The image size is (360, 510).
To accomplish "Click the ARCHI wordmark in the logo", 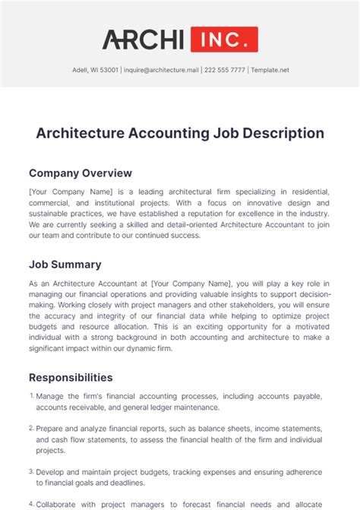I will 144,40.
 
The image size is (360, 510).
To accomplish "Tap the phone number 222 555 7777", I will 225,71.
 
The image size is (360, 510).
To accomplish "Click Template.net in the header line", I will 271,71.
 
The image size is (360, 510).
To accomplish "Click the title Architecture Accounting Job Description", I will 180,133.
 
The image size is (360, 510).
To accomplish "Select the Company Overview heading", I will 81,173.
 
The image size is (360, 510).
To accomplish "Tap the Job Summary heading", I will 65,265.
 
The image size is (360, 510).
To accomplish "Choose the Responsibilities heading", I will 71,377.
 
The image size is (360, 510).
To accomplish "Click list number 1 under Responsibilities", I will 32,396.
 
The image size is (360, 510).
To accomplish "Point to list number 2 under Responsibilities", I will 32,428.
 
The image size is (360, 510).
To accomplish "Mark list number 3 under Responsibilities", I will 32,471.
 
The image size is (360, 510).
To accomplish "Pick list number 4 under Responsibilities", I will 32,503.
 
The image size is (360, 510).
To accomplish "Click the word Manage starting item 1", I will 52,396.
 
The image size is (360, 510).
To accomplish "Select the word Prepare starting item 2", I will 53,429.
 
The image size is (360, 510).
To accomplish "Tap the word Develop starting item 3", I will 53,472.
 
